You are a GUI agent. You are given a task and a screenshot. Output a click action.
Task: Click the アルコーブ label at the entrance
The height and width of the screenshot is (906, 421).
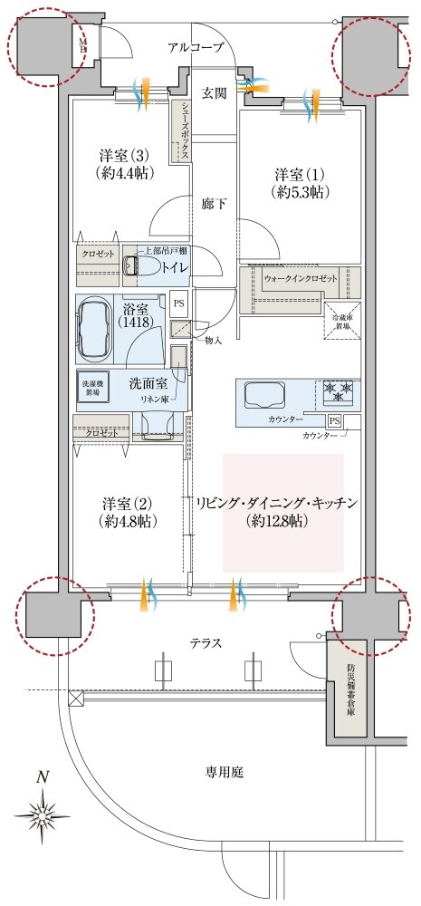[x=195, y=48]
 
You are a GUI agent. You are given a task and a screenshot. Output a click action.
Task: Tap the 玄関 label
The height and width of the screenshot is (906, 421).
[x=214, y=93]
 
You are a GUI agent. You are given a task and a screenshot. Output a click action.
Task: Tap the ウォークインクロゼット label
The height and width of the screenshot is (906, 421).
[x=300, y=279]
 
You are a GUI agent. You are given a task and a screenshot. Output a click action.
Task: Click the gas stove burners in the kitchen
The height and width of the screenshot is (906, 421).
[x=336, y=393]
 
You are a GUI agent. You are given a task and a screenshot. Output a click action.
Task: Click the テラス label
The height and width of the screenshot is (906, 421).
[x=205, y=642]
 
